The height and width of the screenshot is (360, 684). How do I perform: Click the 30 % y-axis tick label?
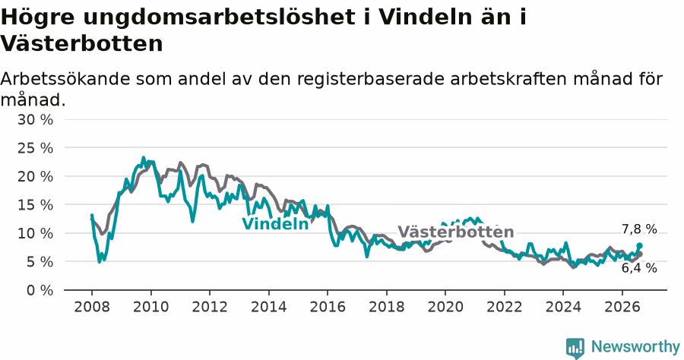click(35, 119)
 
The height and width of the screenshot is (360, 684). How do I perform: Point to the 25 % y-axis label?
click(35, 148)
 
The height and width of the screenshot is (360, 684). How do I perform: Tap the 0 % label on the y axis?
click(40, 290)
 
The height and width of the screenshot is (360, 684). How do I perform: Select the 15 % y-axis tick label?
click(35, 205)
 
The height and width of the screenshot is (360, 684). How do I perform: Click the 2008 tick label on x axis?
click(92, 307)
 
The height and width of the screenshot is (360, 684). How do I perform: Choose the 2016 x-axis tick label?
click(328, 307)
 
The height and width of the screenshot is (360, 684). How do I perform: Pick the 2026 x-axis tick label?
click(622, 307)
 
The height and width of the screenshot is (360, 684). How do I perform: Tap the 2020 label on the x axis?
click(445, 307)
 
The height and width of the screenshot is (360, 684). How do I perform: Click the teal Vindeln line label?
click(275, 223)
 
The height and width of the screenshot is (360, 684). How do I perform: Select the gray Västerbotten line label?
click(456, 232)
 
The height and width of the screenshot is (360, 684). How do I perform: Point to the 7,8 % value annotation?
click(639, 229)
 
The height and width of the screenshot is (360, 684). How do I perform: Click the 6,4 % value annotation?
click(639, 268)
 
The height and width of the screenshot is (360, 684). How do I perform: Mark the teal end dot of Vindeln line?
click(639, 246)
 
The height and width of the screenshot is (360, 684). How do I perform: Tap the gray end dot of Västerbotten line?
click(640, 254)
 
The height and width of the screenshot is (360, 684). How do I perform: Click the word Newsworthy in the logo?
click(635, 347)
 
